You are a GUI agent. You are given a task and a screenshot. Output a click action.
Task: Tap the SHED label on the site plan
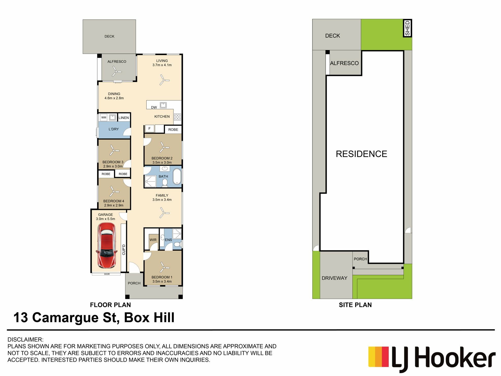click(407, 28)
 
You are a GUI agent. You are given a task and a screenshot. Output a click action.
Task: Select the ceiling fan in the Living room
click(164, 80)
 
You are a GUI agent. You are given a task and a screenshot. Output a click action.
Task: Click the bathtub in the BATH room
click(177, 177)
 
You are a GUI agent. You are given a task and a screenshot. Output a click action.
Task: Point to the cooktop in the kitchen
click(177, 117)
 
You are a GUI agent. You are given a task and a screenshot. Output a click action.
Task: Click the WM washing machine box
click(104, 118)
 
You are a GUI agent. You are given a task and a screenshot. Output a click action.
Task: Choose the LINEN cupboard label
click(124, 118)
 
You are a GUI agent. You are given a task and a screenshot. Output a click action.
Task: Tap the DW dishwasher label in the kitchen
click(154, 107)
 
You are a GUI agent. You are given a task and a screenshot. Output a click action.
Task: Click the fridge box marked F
click(150, 128)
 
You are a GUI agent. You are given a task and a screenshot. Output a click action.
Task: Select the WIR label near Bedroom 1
click(153, 240)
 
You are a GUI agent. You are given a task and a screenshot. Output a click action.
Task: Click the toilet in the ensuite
click(178, 244)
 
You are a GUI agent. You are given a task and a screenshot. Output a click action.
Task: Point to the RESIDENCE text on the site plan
click(361, 154)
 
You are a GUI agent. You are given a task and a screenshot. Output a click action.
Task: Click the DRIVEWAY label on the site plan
click(335, 278)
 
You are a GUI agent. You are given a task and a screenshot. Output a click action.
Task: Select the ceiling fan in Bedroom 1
click(164, 267)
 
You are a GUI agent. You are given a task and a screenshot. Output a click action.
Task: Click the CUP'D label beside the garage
click(124, 250)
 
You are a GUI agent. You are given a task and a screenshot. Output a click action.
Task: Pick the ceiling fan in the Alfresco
click(116, 71)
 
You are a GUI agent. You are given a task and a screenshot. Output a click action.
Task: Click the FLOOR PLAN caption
click(110, 305)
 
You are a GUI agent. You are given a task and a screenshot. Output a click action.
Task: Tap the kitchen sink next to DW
click(163, 105)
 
